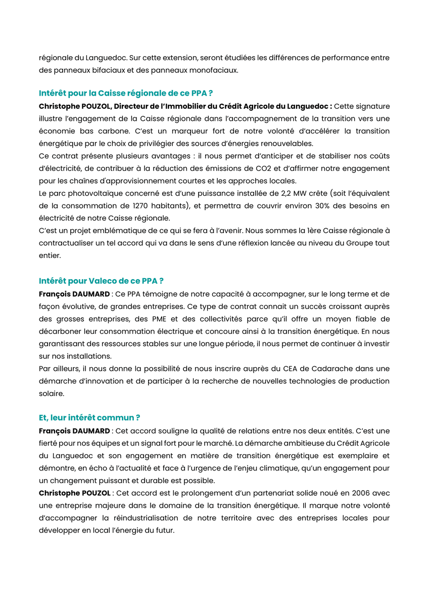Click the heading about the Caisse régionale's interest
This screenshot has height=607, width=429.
pos(125,94)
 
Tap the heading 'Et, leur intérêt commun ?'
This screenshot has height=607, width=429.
pos(89,418)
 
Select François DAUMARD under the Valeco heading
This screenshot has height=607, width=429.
pos(74,294)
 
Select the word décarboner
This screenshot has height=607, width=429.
pos(61,331)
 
